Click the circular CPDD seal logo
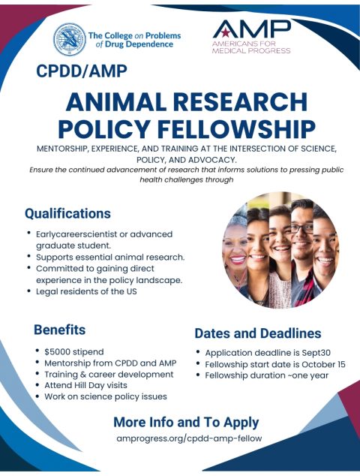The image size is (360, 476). [69, 40]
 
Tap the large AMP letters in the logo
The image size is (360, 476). [251, 29]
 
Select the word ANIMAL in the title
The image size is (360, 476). [116, 101]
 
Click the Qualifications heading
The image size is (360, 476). [67, 213]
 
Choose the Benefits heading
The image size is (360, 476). [59, 330]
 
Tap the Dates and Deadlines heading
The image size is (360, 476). [257, 333]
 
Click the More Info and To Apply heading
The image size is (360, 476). [186, 421]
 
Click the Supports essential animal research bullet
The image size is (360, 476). [109, 257]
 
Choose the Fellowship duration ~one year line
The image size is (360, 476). [266, 375]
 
